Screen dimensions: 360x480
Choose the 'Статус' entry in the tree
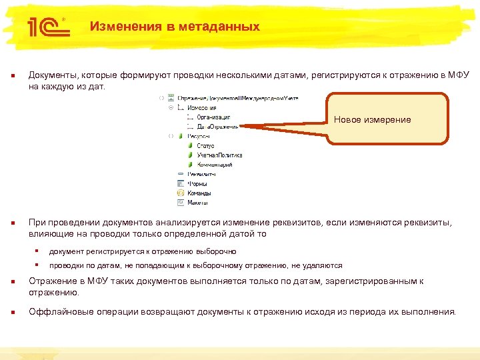pos(205,145)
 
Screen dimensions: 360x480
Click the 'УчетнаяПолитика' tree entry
pos(219,155)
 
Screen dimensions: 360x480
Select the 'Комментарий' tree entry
pos(214,164)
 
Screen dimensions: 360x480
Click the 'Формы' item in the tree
pos(197,183)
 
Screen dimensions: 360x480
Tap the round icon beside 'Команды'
pos(181,193)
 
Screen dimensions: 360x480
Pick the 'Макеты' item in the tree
pos(198,202)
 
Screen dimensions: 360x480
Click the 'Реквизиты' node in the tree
pos(201,174)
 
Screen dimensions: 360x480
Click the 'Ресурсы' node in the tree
pos(198,136)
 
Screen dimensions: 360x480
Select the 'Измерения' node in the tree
pos(201,107)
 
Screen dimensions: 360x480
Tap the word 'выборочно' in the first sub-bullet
pos(216,251)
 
